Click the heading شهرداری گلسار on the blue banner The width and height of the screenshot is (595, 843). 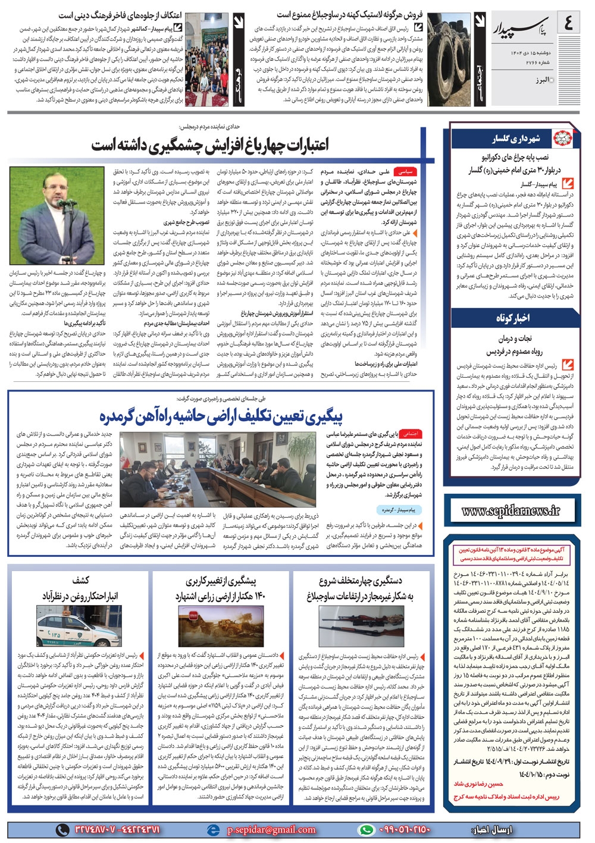coord(516,139)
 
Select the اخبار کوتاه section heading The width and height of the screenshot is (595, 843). coord(513,318)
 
